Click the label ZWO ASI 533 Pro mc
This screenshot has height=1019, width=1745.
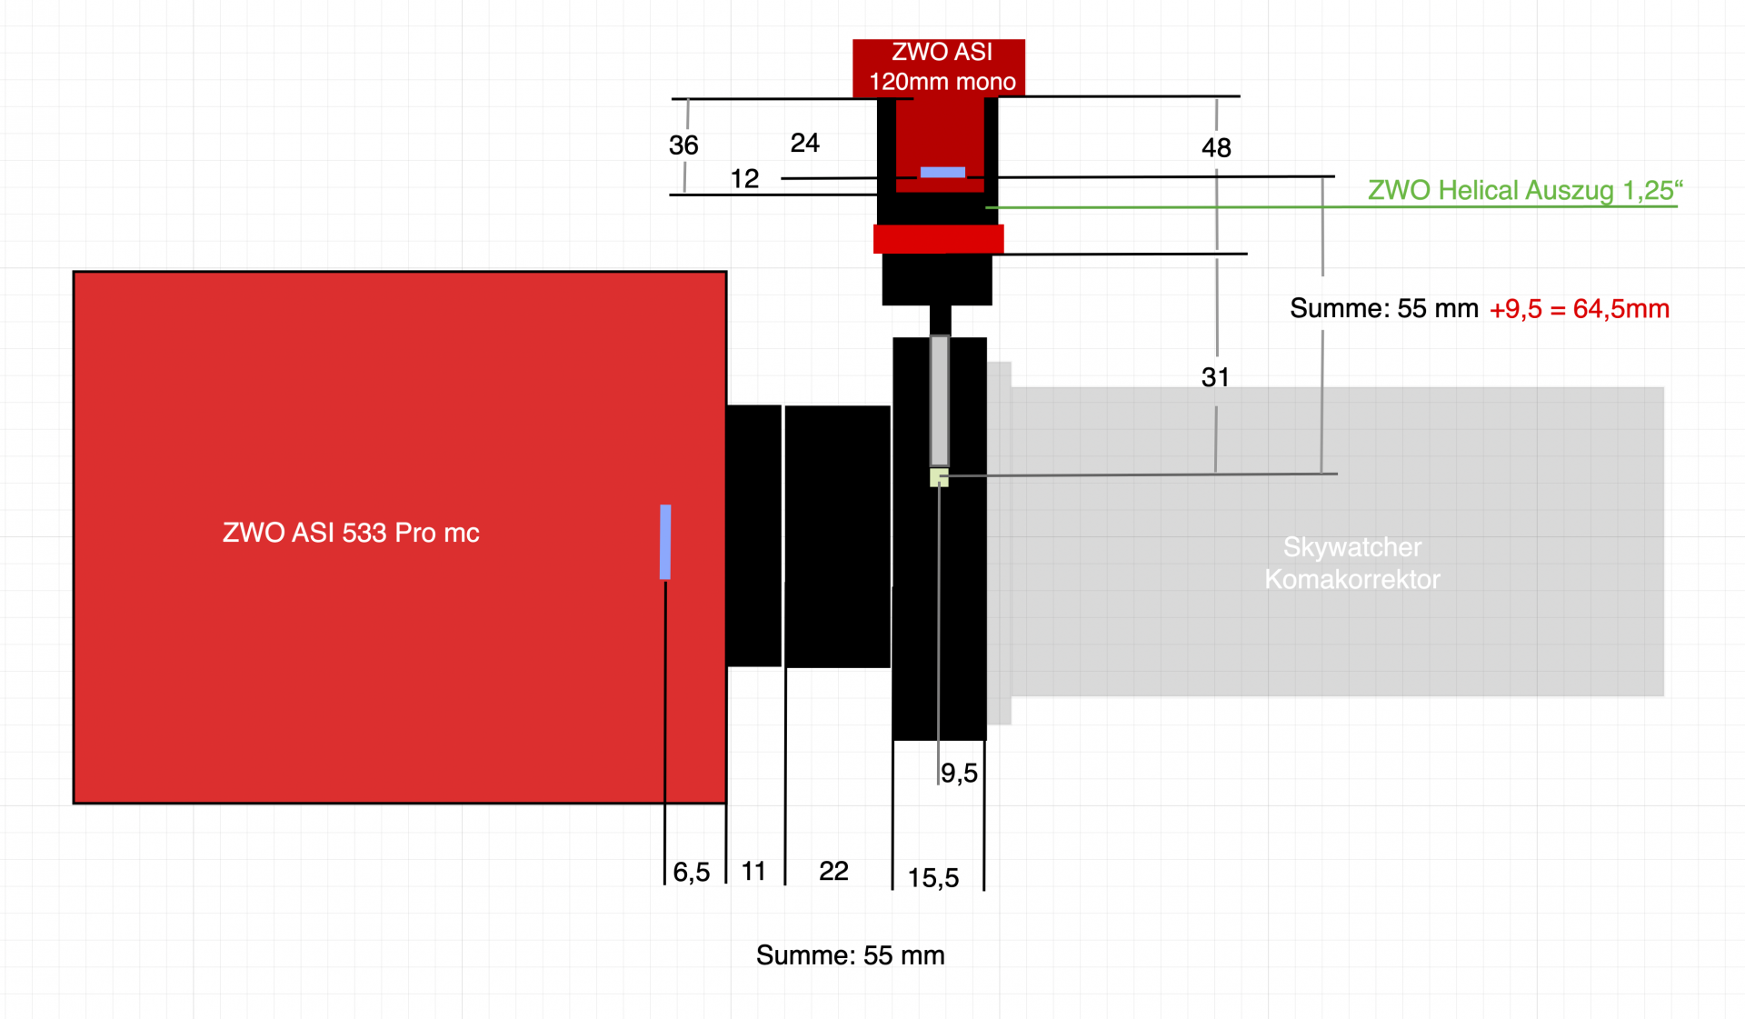pyautogui.click(x=351, y=533)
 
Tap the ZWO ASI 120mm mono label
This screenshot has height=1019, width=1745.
pyautogui.click(x=942, y=66)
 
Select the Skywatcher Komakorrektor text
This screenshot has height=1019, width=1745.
pyautogui.click(x=1352, y=563)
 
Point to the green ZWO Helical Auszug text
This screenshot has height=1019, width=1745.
pyautogui.click(x=1525, y=190)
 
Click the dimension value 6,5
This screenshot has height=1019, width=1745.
pyautogui.click(x=692, y=872)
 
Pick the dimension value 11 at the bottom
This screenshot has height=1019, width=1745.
pyautogui.click(x=753, y=871)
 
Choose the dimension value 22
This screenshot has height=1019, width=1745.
pyautogui.click(x=833, y=871)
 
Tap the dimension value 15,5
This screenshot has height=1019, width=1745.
pyautogui.click(x=933, y=877)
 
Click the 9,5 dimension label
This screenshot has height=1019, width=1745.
pyautogui.click(x=959, y=773)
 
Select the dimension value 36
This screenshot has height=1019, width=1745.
pyautogui.click(x=683, y=145)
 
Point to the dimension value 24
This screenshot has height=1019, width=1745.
pyautogui.click(x=805, y=143)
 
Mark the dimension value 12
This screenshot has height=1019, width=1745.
pyautogui.click(x=744, y=178)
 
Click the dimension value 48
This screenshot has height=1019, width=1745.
pyautogui.click(x=1216, y=147)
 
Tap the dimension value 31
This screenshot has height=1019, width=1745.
pyautogui.click(x=1215, y=377)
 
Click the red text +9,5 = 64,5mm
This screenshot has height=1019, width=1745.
pyautogui.click(x=1580, y=309)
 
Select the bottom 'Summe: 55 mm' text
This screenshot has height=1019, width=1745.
pyautogui.click(x=851, y=955)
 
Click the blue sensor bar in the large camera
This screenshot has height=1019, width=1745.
pyautogui.click(x=665, y=542)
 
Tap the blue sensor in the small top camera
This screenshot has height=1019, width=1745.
pyautogui.click(x=942, y=173)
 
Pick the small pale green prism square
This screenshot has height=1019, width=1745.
pyautogui.click(x=939, y=477)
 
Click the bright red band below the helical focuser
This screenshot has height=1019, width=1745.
pyautogui.click(x=938, y=239)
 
